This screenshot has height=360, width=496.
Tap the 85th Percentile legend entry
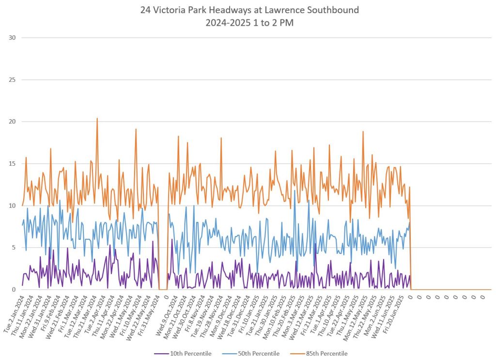(x=319, y=353)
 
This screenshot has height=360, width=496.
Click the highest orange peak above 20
(x=97, y=118)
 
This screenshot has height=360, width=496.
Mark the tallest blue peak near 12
(x=294, y=190)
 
